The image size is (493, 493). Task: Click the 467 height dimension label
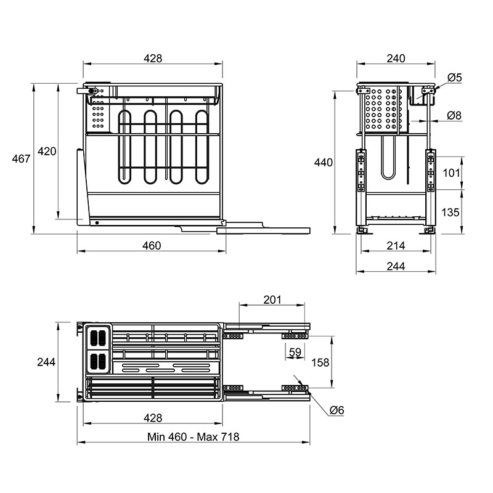[21, 159]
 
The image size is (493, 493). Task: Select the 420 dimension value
[47, 151]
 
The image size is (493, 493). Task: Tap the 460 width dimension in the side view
[152, 245]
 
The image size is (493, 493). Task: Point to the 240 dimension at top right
[396, 58]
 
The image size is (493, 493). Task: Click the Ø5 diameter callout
[455, 78]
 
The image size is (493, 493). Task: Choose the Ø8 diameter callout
[454, 115]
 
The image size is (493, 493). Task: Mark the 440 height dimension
[323, 163]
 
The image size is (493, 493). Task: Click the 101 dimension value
[451, 173]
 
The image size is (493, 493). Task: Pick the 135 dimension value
[450, 212]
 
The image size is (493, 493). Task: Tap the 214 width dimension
[396, 245]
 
